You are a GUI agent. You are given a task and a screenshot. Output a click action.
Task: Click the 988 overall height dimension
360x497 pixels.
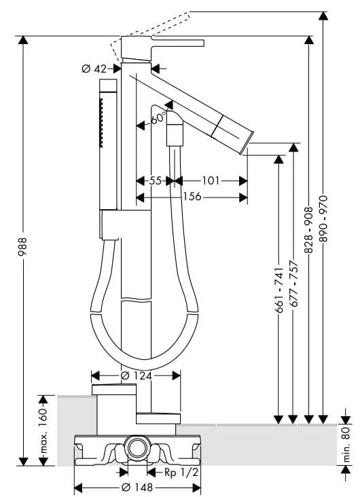coord(23,247)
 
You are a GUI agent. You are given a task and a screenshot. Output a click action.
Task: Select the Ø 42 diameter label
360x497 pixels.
coord(94,69)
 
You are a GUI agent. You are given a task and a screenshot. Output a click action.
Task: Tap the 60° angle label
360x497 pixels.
coord(158,118)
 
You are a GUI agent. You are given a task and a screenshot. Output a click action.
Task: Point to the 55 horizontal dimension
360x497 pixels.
coord(156,181)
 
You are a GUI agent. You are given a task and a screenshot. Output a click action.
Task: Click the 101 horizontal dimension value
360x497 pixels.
coord(211,181)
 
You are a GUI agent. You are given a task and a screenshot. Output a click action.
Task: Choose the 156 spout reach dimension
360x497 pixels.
coord(192,196)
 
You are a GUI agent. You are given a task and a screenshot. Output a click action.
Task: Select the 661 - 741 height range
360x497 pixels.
coord(278,290)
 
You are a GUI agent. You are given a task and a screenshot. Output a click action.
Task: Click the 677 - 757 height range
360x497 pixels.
coord(293,284)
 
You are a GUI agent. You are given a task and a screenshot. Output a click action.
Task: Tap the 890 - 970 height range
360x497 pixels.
coord(323,219)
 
